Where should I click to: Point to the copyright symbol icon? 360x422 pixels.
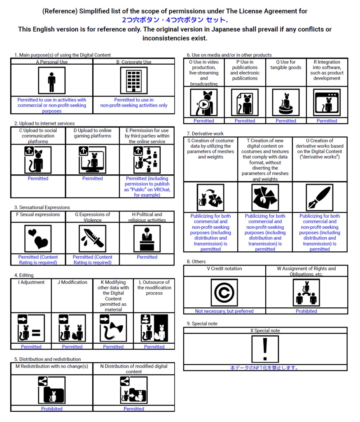[x=224, y=293]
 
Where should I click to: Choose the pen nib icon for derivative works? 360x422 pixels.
[x=320, y=198]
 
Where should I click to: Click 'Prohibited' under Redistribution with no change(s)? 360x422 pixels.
[x=52, y=409]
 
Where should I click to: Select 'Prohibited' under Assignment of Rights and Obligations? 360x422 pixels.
[x=306, y=311]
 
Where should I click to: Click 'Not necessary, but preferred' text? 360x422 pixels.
[x=224, y=311]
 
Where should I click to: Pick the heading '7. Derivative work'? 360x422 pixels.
[x=205, y=134]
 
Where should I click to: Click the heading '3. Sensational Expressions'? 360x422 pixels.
[x=42, y=207]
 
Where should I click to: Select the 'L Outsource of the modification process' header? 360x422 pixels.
[x=154, y=288]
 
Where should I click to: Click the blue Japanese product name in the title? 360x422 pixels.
[x=174, y=20]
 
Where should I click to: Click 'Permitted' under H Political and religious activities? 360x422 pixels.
[x=147, y=257]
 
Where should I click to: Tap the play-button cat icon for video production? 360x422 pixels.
[x=203, y=102]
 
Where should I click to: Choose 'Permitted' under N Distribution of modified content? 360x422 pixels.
[x=134, y=409]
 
